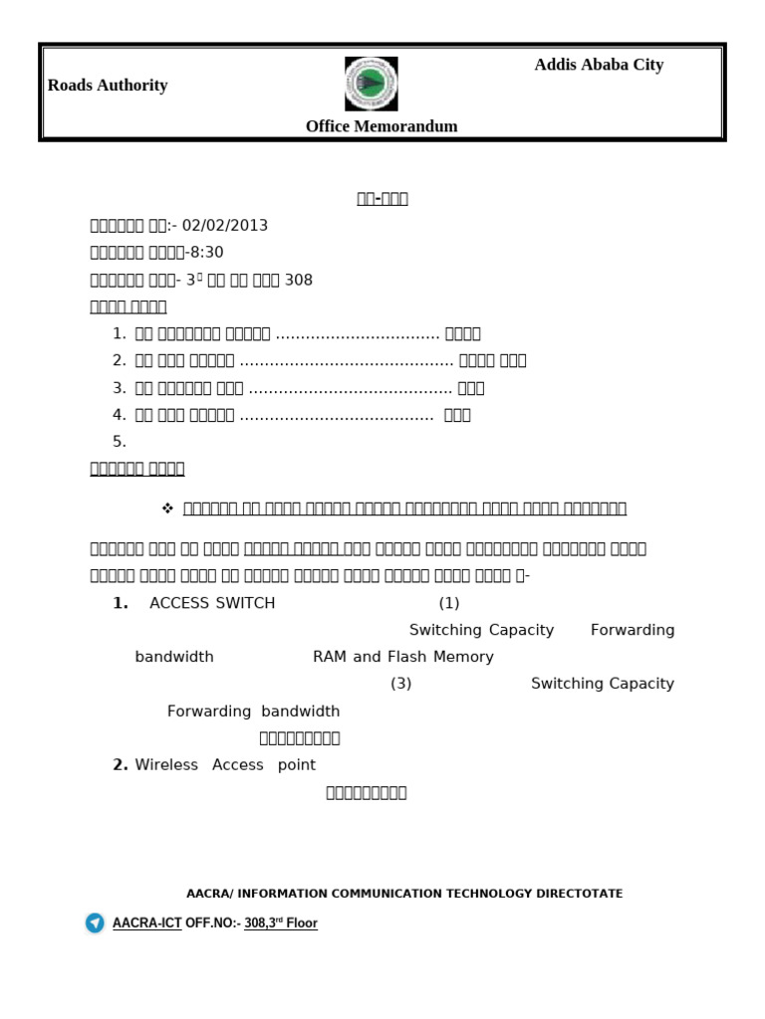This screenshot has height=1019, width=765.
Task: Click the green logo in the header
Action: pyautogui.click(x=372, y=84)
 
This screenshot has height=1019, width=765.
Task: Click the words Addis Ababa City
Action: pyautogui.click(x=599, y=65)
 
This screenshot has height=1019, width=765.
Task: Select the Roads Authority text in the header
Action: pyautogui.click(x=108, y=86)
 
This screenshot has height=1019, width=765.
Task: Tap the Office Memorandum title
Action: pyautogui.click(x=382, y=126)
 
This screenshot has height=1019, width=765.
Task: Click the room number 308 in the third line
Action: pyautogui.click(x=299, y=281)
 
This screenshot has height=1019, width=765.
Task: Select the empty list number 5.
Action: pyautogui.click(x=120, y=442)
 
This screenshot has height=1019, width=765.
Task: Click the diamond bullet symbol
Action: pyautogui.click(x=167, y=509)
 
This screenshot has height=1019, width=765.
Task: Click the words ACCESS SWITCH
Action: pyautogui.click(x=212, y=603)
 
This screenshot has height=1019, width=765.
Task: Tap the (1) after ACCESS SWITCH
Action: pyautogui.click(x=449, y=603)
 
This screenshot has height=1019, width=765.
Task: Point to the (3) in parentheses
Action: pyautogui.click(x=400, y=684)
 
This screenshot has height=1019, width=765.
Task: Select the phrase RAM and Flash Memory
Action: pyautogui.click(x=403, y=657)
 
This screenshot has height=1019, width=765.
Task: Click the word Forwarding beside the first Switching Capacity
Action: pyautogui.click(x=633, y=630)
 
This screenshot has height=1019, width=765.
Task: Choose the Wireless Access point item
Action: pyautogui.click(x=225, y=765)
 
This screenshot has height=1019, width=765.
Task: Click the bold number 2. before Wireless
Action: pyautogui.click(x=121, y=765)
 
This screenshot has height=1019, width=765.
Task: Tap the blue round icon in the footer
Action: pyautogui.click(x=95, y=923)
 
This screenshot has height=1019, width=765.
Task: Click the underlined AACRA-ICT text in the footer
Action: pyautogui.click(x=146, y=923)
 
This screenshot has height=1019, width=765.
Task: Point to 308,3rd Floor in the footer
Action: pyautogui.click(x=281, y=923)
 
